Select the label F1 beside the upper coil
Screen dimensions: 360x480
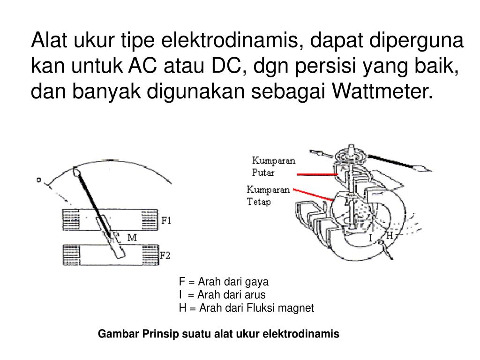(166, 220)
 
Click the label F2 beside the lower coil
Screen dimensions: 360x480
(165, 255)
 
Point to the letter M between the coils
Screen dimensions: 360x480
(132, 238)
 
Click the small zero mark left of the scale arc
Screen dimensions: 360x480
(39, 180)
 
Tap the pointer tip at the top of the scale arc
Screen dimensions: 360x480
(77, 172)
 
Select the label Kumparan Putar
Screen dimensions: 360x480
(273, 166)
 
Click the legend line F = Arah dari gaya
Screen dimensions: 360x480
(224, 282)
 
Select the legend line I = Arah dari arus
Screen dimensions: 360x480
(222, 295)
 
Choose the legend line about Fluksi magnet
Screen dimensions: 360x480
(246, 308)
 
